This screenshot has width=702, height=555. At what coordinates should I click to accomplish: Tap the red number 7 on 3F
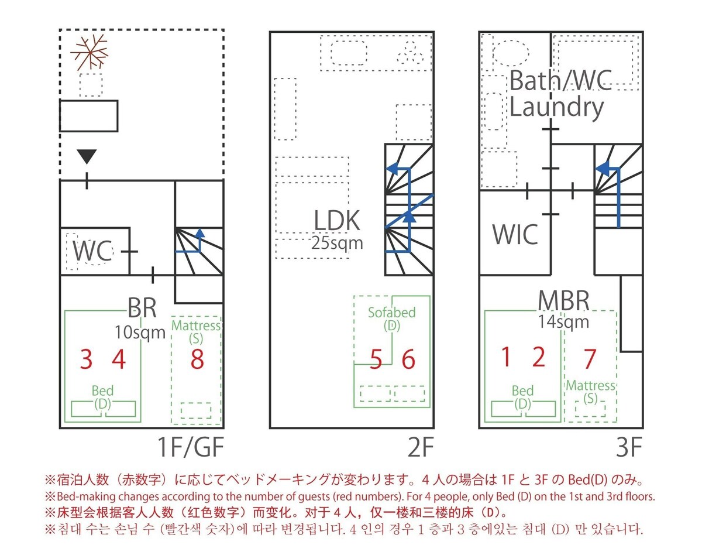(x=590, y=358)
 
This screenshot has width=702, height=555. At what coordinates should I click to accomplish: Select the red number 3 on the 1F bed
(x=86, y=359)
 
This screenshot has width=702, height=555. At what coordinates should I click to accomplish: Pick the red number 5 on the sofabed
(x=376, y=359)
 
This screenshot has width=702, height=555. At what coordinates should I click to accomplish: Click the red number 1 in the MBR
(x=507, y=357)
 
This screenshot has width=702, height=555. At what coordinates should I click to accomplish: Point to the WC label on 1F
(x=92, y=252)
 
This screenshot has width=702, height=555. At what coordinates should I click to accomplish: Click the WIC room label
(x=515, y=234)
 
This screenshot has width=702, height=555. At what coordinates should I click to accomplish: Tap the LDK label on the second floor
(x=338, y=222)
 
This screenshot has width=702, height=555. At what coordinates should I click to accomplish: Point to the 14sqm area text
(x=564, y=321)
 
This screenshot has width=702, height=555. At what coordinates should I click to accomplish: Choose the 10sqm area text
(x=140, y=333)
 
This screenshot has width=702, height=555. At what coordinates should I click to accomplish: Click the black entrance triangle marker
(x=87, y=156)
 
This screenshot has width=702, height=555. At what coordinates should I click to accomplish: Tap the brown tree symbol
(x=91, y=52)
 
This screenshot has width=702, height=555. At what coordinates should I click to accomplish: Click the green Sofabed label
(x=392, y=312)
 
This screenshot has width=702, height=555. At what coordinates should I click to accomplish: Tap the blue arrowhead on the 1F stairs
(x=200, y=234)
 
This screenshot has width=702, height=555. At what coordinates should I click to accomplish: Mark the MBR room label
(x=564, y=300)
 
